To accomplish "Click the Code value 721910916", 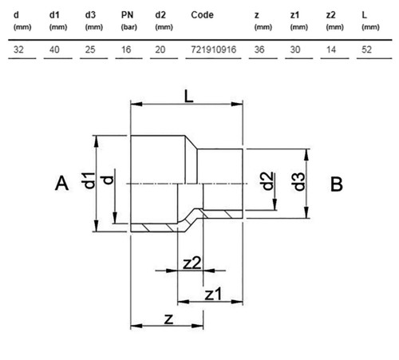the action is click(x=214, y=49).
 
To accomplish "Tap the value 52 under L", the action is click(x=366, y=49).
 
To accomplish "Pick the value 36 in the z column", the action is click(x=259, y=49).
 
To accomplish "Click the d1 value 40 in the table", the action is click(x=54, y=49).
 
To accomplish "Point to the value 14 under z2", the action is click(x=331, y=49).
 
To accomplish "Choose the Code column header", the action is click(x=202, y=15).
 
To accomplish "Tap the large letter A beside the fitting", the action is click(x=61, y=183).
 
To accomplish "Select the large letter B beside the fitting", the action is click(x=337, y=184).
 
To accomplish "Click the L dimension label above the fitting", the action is click(x=188, y=96).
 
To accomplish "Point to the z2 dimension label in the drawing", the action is click(x=192, y=263).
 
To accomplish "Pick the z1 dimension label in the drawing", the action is click(x=213, y=295).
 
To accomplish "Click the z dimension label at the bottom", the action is click(x=169, y=319).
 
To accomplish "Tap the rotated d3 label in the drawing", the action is click(x=299, y=182).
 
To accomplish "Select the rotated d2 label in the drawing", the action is click(x=267, y=181).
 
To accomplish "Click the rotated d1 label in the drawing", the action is click(x=88, y=180).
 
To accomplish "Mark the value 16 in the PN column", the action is click(x=126, y=49).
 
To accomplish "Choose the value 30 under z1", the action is click(x=295, y=49).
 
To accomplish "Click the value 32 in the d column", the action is click(x=18, y=49).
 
